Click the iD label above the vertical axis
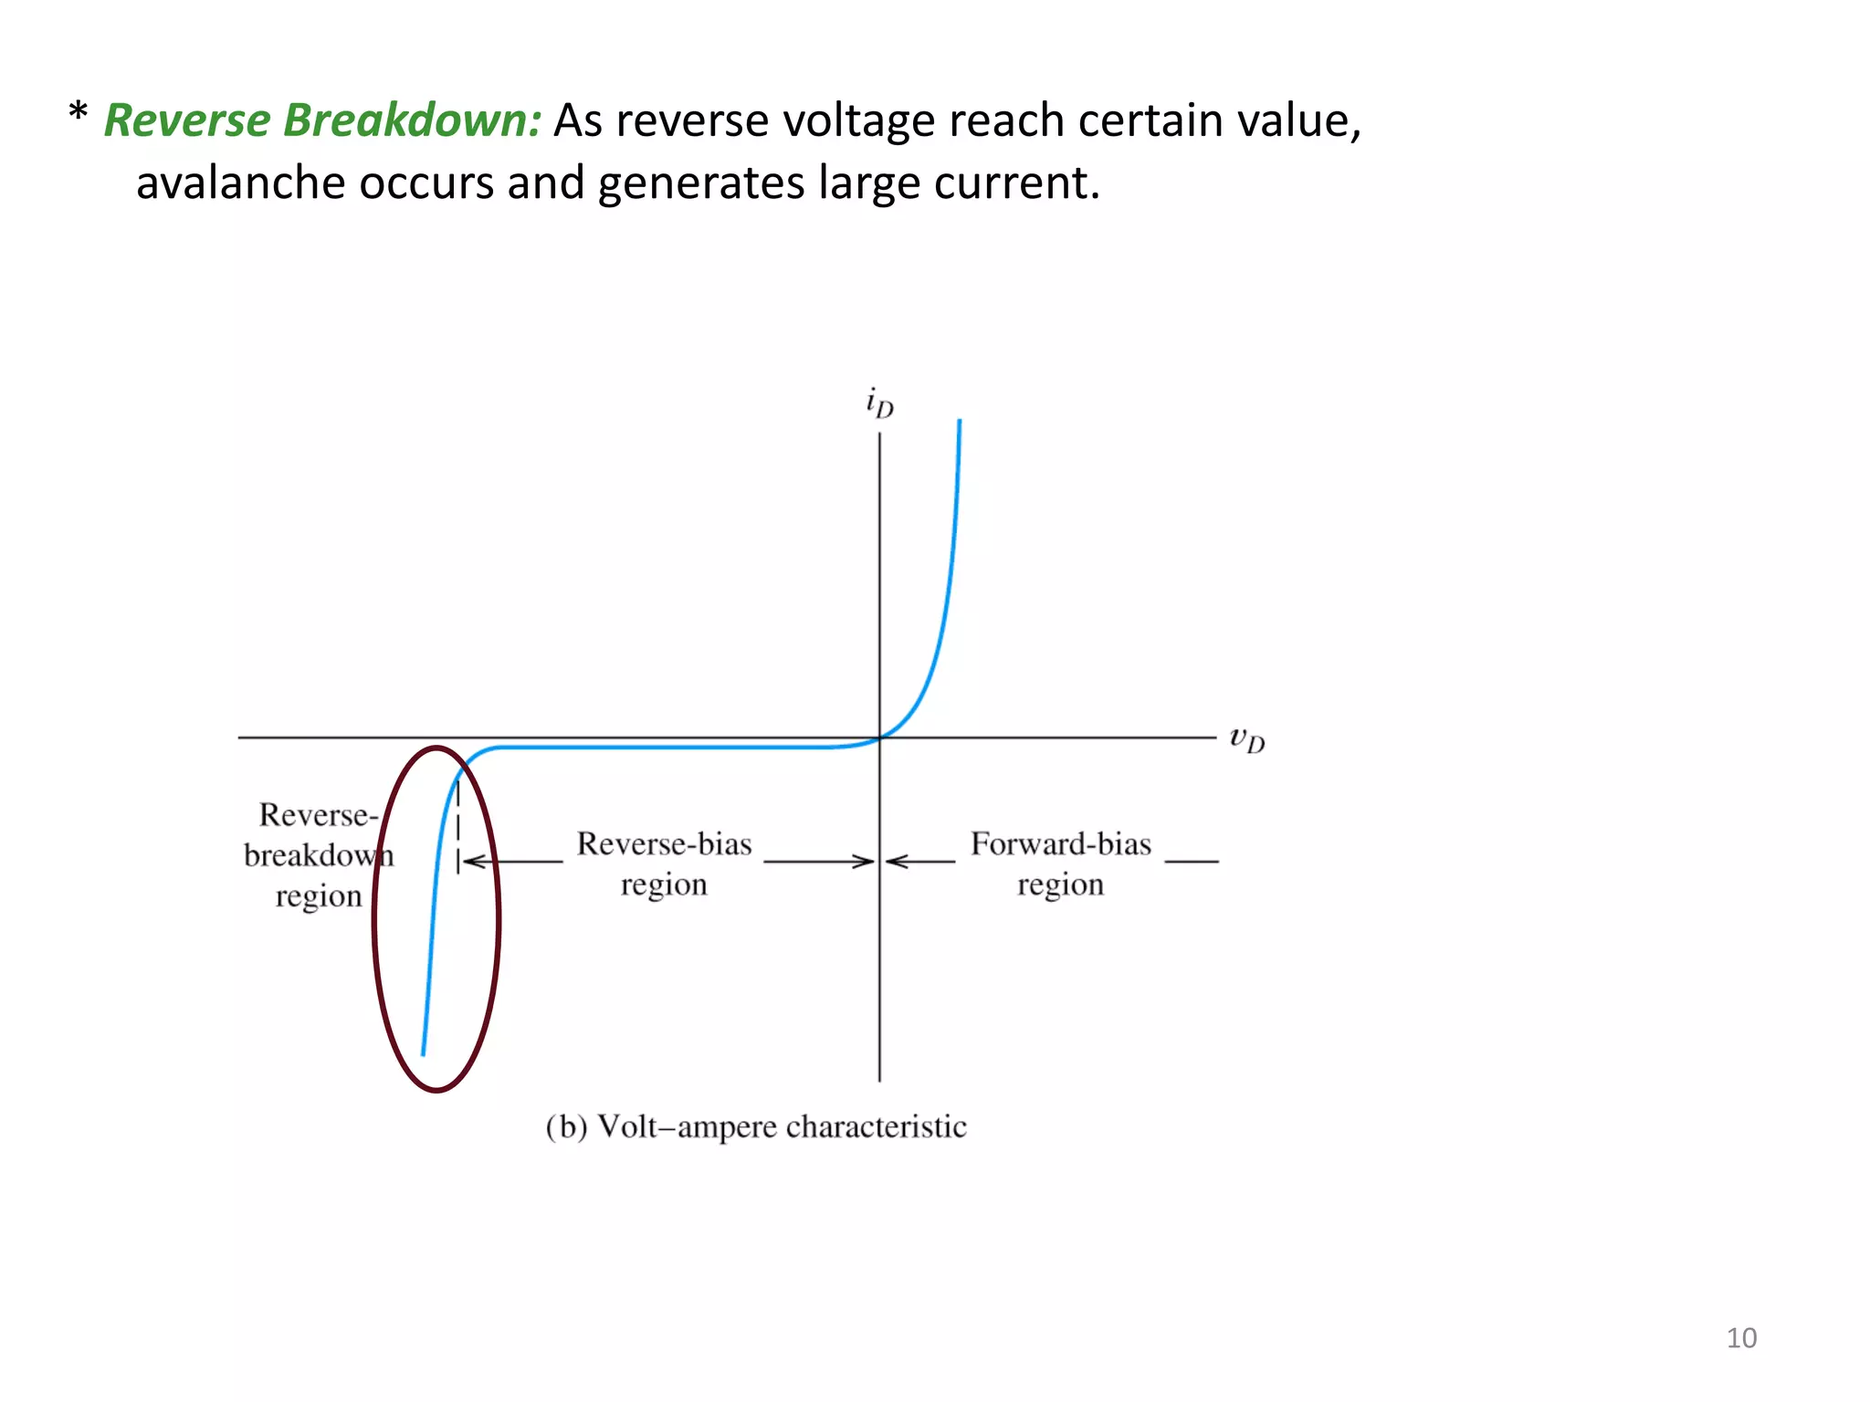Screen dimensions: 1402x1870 point(879,403)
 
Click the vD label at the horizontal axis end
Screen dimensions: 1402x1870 point(1247,738)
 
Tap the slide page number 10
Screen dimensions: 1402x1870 point(1740,1338)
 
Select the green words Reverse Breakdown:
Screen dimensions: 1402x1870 point(322,120)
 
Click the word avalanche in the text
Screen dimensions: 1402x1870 point(240,183)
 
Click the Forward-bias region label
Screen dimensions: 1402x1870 point(1060,863)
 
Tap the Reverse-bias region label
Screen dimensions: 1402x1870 point(664,863)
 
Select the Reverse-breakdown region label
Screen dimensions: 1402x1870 point(317,855)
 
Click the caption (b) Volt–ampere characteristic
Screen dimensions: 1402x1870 point(756,1127)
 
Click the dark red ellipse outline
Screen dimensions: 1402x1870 point(498,917)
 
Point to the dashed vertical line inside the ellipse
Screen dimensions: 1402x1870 point(457,821)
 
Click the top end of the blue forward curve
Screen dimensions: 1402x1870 point(960,423)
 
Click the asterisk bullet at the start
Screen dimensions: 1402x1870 point(78,114)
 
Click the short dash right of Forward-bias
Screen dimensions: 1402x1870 point(1192,861)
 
